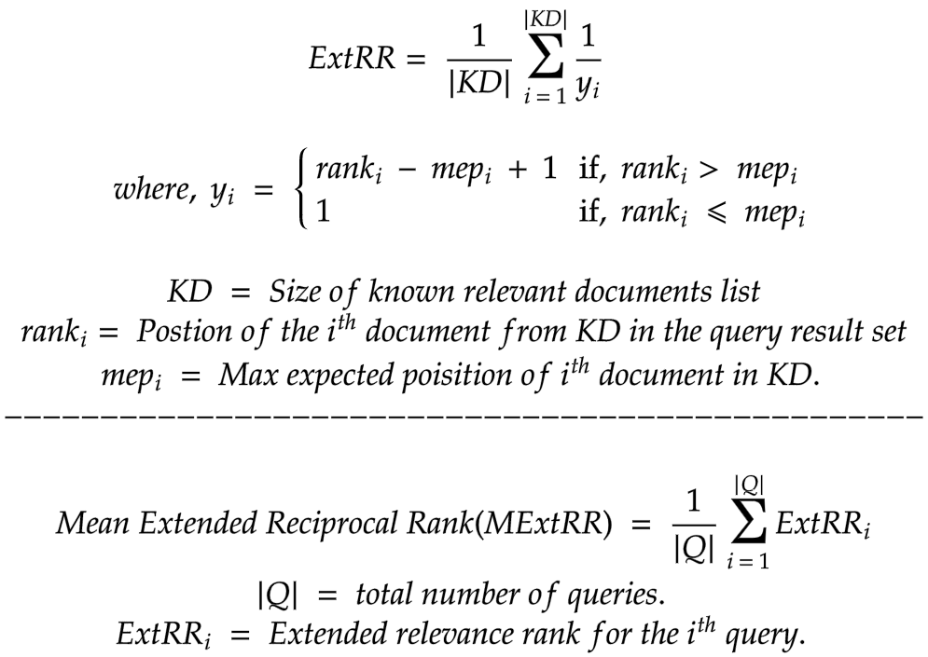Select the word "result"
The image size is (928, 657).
coord(800,333)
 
